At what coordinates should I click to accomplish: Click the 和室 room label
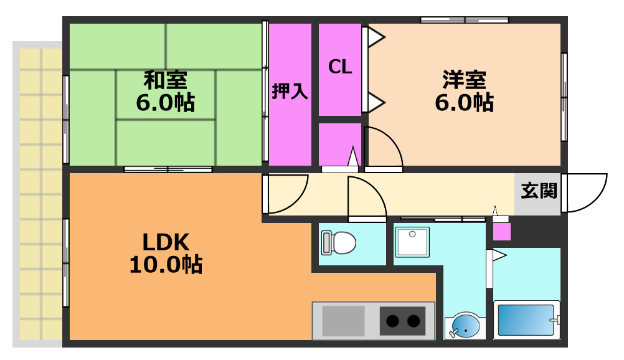tap(165, 80)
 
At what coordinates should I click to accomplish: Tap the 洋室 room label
tap(464, 80)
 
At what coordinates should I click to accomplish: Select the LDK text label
tap(165, 241)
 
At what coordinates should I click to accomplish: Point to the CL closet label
tap(340, 67)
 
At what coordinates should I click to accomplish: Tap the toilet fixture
tap(339, 242)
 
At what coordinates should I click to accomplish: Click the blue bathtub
tap(526, 320)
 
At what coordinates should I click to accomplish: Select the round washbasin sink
tap(464, 326)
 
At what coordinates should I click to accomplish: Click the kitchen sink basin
tap(343, 320)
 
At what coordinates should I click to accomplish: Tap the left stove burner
tap(392, 321)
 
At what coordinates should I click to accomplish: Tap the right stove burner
tap(414, 321)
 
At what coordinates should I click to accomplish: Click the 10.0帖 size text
tap(165, 265)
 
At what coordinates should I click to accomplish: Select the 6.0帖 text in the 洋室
tap(464, 102)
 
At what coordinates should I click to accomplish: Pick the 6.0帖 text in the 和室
tap(165, 102)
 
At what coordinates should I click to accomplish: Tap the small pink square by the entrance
tap(501, 231)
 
